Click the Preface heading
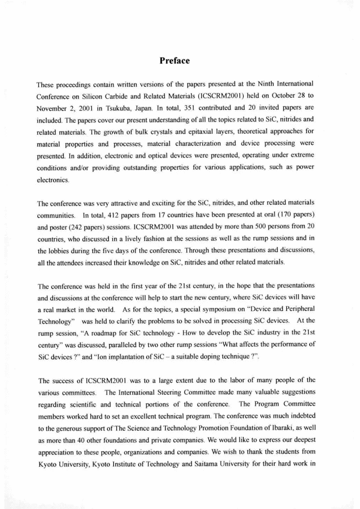pos(175,61)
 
